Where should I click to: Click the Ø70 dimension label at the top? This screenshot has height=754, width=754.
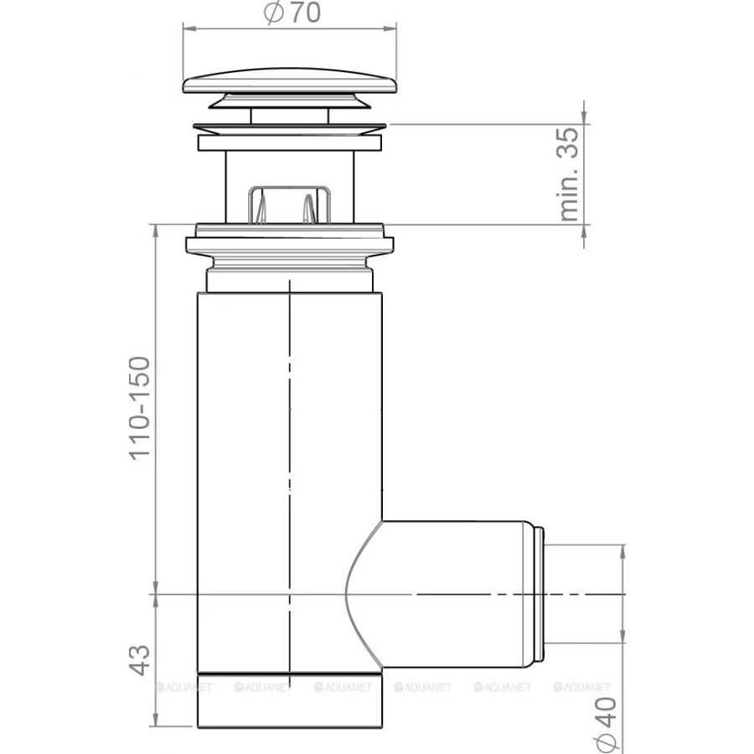[x=292, y=13]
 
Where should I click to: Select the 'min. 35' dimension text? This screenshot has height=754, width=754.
[x=569, y=173]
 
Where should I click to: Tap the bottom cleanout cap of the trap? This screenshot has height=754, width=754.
[x=290, y=700]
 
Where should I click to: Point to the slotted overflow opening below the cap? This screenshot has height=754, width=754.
[x=289, y=204]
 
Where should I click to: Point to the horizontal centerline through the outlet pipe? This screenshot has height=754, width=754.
[x=469, y=594]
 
